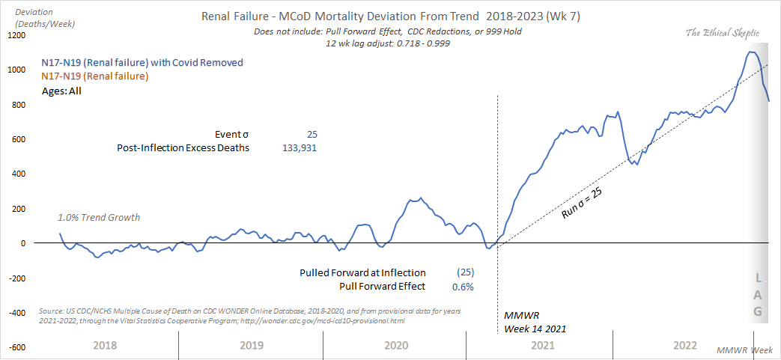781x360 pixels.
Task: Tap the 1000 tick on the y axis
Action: [x=15, y=70]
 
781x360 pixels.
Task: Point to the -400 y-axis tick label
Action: [x=14, y=312]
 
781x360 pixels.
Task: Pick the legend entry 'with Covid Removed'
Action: [x=142, y=63]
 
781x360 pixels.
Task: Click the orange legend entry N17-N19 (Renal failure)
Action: [x=95, y=76]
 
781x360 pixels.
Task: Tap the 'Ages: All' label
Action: [x=61, y=91]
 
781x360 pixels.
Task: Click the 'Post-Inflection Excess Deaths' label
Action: [x=183, y=148]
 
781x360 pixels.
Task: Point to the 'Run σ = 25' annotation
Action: [x=583, y=203]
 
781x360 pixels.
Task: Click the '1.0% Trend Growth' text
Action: [x=99, y=218]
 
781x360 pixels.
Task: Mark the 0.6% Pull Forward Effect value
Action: [x=463, y=286]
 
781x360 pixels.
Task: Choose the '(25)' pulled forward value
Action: [x=464, y=272]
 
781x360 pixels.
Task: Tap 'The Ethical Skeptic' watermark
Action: [x=724, y=33]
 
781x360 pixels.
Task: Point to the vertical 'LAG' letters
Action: [x=758, y=294]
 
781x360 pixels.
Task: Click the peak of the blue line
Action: [x=750, y=52]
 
